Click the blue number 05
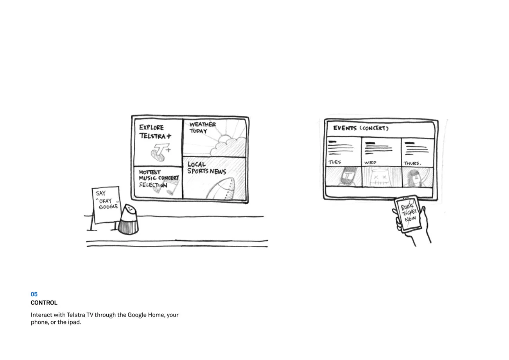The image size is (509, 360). [x=34, y=294]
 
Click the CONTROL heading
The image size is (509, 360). [x=44, y=303]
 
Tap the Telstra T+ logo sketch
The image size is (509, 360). [x=161, y=152]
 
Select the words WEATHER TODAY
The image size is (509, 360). [x=203, y=128]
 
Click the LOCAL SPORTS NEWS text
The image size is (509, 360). [x=207, y=168]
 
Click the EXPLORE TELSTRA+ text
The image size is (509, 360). [x=155, y=132]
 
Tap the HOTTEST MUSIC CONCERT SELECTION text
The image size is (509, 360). [x=159, y=178]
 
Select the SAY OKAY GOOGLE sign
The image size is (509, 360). [x=107, y=205]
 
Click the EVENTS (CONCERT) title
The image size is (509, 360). [x=361, y=128]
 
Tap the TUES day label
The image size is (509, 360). [x=335, y=162]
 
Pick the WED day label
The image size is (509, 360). [x=370, y=163]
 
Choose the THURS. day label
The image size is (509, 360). [x=412, y=163]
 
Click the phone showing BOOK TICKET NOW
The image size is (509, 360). [x=408, y=214]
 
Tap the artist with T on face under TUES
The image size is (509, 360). [x=347, y=176]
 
